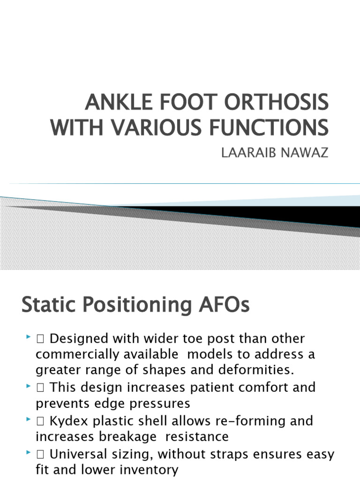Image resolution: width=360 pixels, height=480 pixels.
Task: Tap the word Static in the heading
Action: [x=49, y=306]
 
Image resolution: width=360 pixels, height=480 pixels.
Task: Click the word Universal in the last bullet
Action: [x=77, y=454]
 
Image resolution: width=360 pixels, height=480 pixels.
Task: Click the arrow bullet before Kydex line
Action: [x=28, y=420]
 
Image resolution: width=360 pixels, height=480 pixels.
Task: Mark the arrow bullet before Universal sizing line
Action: [x=28, y=453]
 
